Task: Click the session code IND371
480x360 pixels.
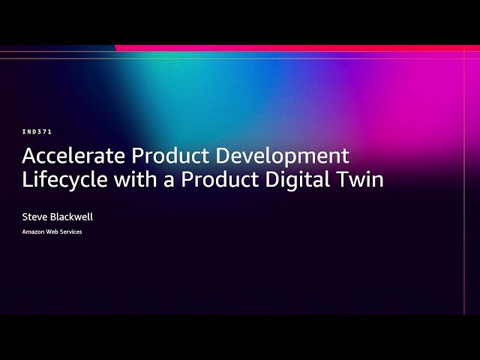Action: click(37, 131)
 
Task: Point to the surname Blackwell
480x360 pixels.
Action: click(72, 217)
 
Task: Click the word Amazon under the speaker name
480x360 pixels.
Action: click(34, 232)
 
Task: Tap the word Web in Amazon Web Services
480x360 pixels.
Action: click(52, 232)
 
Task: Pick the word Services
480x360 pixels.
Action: click(70, 232)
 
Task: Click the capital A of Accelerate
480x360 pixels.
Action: click(30, 156)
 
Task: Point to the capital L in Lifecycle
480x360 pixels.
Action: click(26, 181)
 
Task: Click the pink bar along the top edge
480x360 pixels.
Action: click(300, 48)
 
